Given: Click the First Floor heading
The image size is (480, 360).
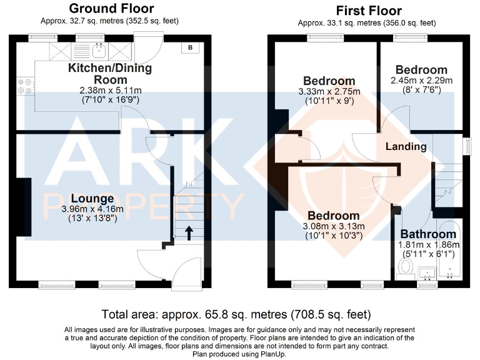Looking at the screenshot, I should (368, 11).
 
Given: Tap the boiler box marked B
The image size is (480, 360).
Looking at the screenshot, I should (191, 47).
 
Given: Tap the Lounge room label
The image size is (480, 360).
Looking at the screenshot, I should (92, 198).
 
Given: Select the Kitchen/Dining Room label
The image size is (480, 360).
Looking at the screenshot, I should (110, 74).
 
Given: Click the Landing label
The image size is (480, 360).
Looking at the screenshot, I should (406, 147).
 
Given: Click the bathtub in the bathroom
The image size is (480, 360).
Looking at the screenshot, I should (449, 250).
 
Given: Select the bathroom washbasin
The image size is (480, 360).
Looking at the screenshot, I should (427, 271).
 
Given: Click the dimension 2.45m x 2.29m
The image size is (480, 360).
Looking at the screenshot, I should (421, 80).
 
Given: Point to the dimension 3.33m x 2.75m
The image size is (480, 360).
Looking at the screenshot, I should (329, 91).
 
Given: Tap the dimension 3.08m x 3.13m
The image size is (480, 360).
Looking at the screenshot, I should (331, 226).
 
